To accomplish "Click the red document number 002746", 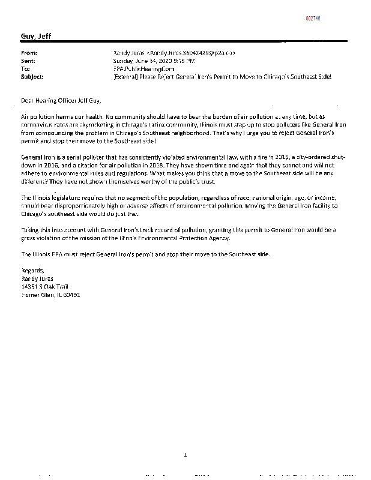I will pos(313,19).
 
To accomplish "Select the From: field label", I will pos(29,53).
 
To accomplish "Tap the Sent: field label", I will pos(28,61).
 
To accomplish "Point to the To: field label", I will pos(26,69).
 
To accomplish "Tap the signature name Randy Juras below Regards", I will pos(37,278).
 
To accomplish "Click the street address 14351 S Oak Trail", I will pos(44,286).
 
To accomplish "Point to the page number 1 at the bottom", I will pos(186,455).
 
